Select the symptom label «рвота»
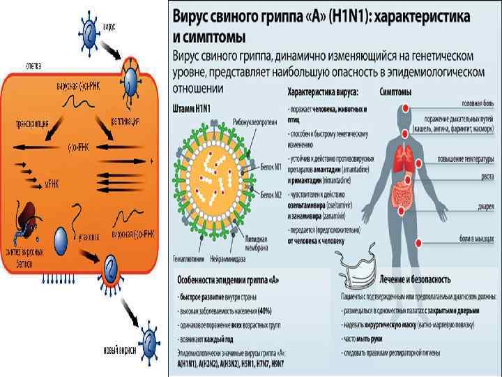[485, 176]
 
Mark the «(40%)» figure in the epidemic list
[265, 309]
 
